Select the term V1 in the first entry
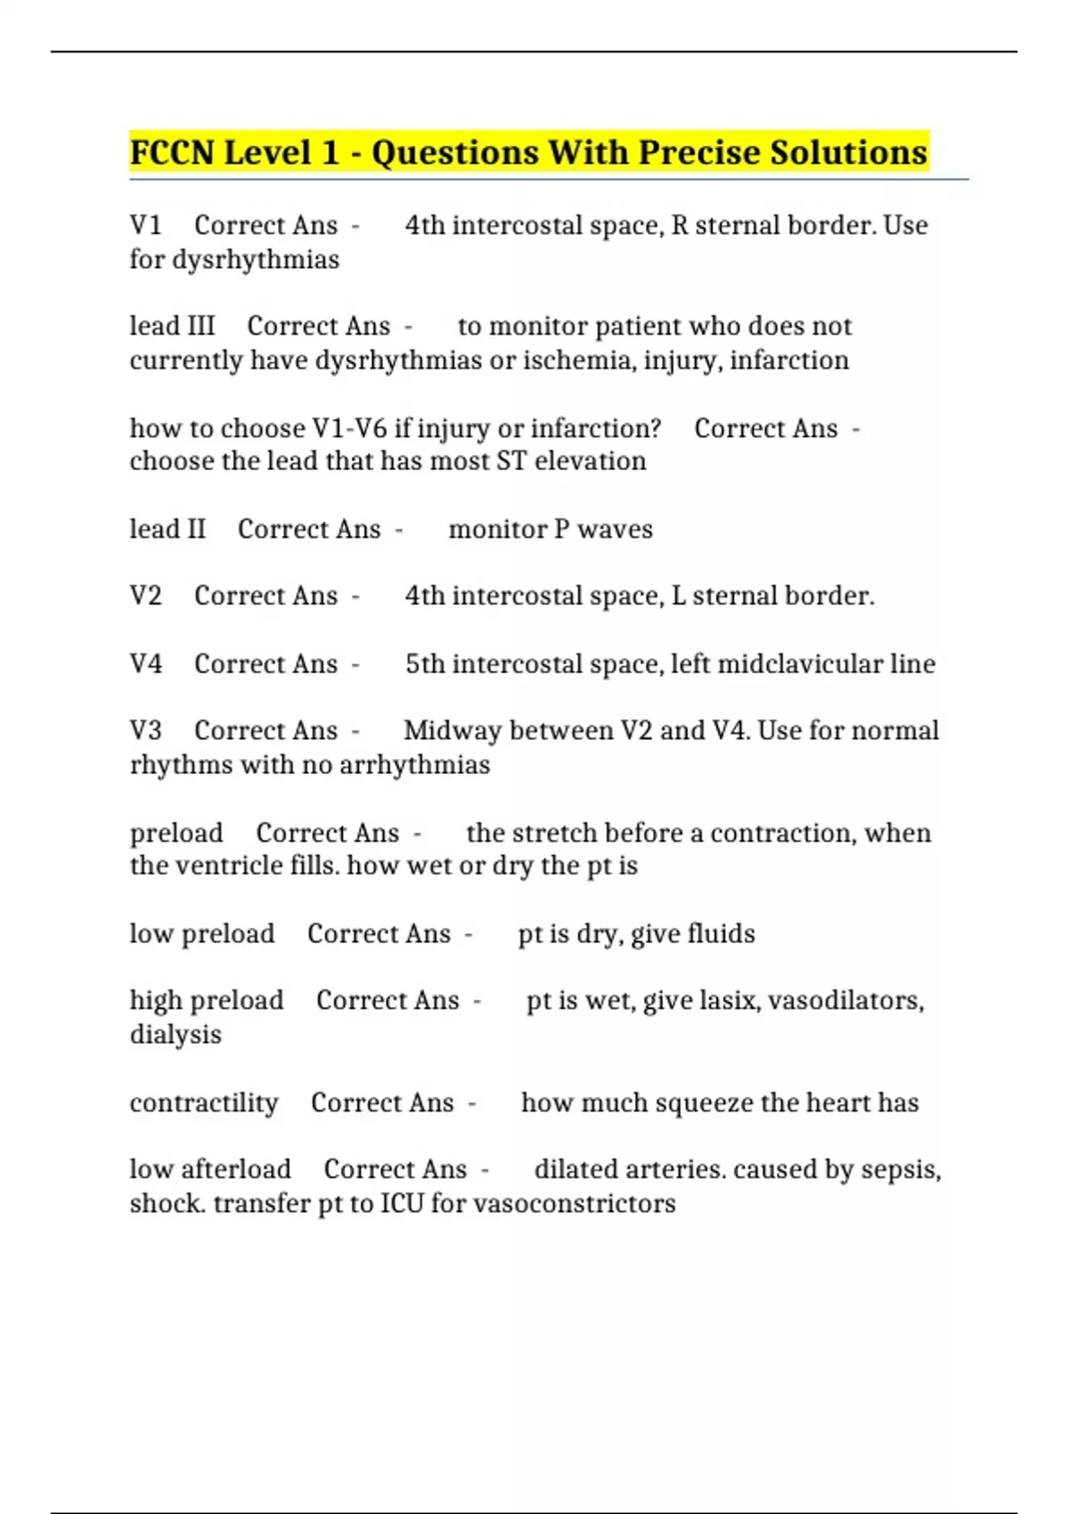145,225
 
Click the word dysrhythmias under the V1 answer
256,260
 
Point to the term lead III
172,326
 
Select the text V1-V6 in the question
349,428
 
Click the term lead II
167,529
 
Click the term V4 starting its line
145,663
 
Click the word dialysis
175,1035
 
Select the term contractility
204,1103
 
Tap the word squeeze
704,1103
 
